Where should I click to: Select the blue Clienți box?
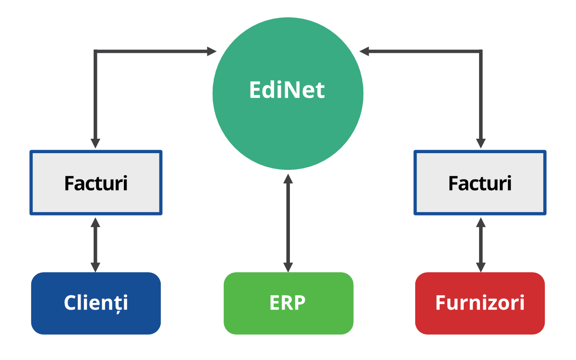pos(96,317)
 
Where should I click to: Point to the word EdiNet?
pos(287,90)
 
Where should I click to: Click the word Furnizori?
pos(480,303)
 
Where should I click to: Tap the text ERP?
pos(288,303)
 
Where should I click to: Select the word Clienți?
pos(96,303)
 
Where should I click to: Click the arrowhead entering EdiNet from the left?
pos(212,51)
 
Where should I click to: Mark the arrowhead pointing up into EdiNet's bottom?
pos(288,179)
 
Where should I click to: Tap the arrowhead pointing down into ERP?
pos(288,267)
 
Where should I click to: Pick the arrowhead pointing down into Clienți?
pos(96,267)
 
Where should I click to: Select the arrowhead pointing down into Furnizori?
pos(480,267)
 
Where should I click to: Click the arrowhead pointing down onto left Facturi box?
pos(96,144)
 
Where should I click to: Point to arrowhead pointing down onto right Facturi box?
pos(480,144)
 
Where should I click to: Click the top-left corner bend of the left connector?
pos(96,51)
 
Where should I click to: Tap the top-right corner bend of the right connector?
pos(480,51)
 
